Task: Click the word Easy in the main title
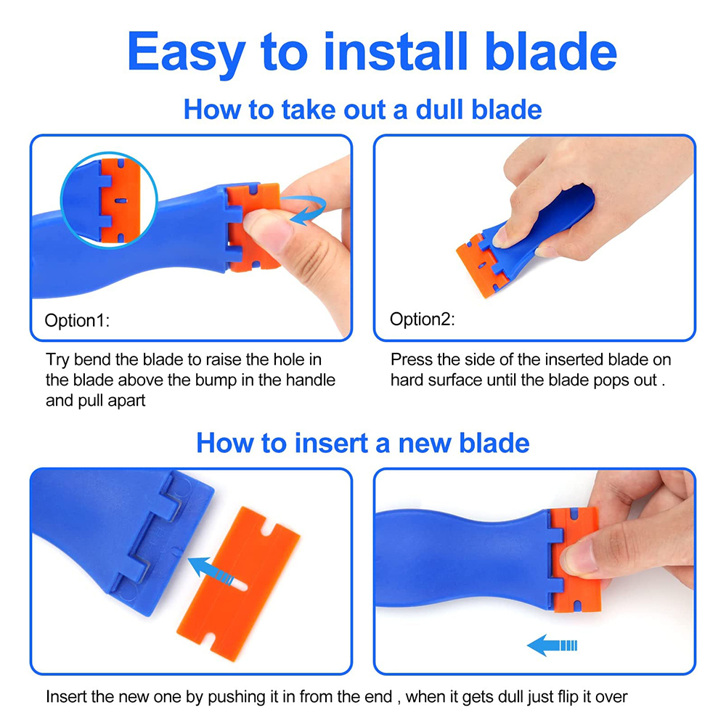(186, 53)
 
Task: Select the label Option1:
(77, 320)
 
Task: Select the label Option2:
(423, 319)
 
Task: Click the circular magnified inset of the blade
(109, 200)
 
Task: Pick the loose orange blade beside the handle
(238, 584)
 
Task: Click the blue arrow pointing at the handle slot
(211, 570)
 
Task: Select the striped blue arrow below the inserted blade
(552, 645)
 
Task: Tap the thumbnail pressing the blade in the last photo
(579, 556)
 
